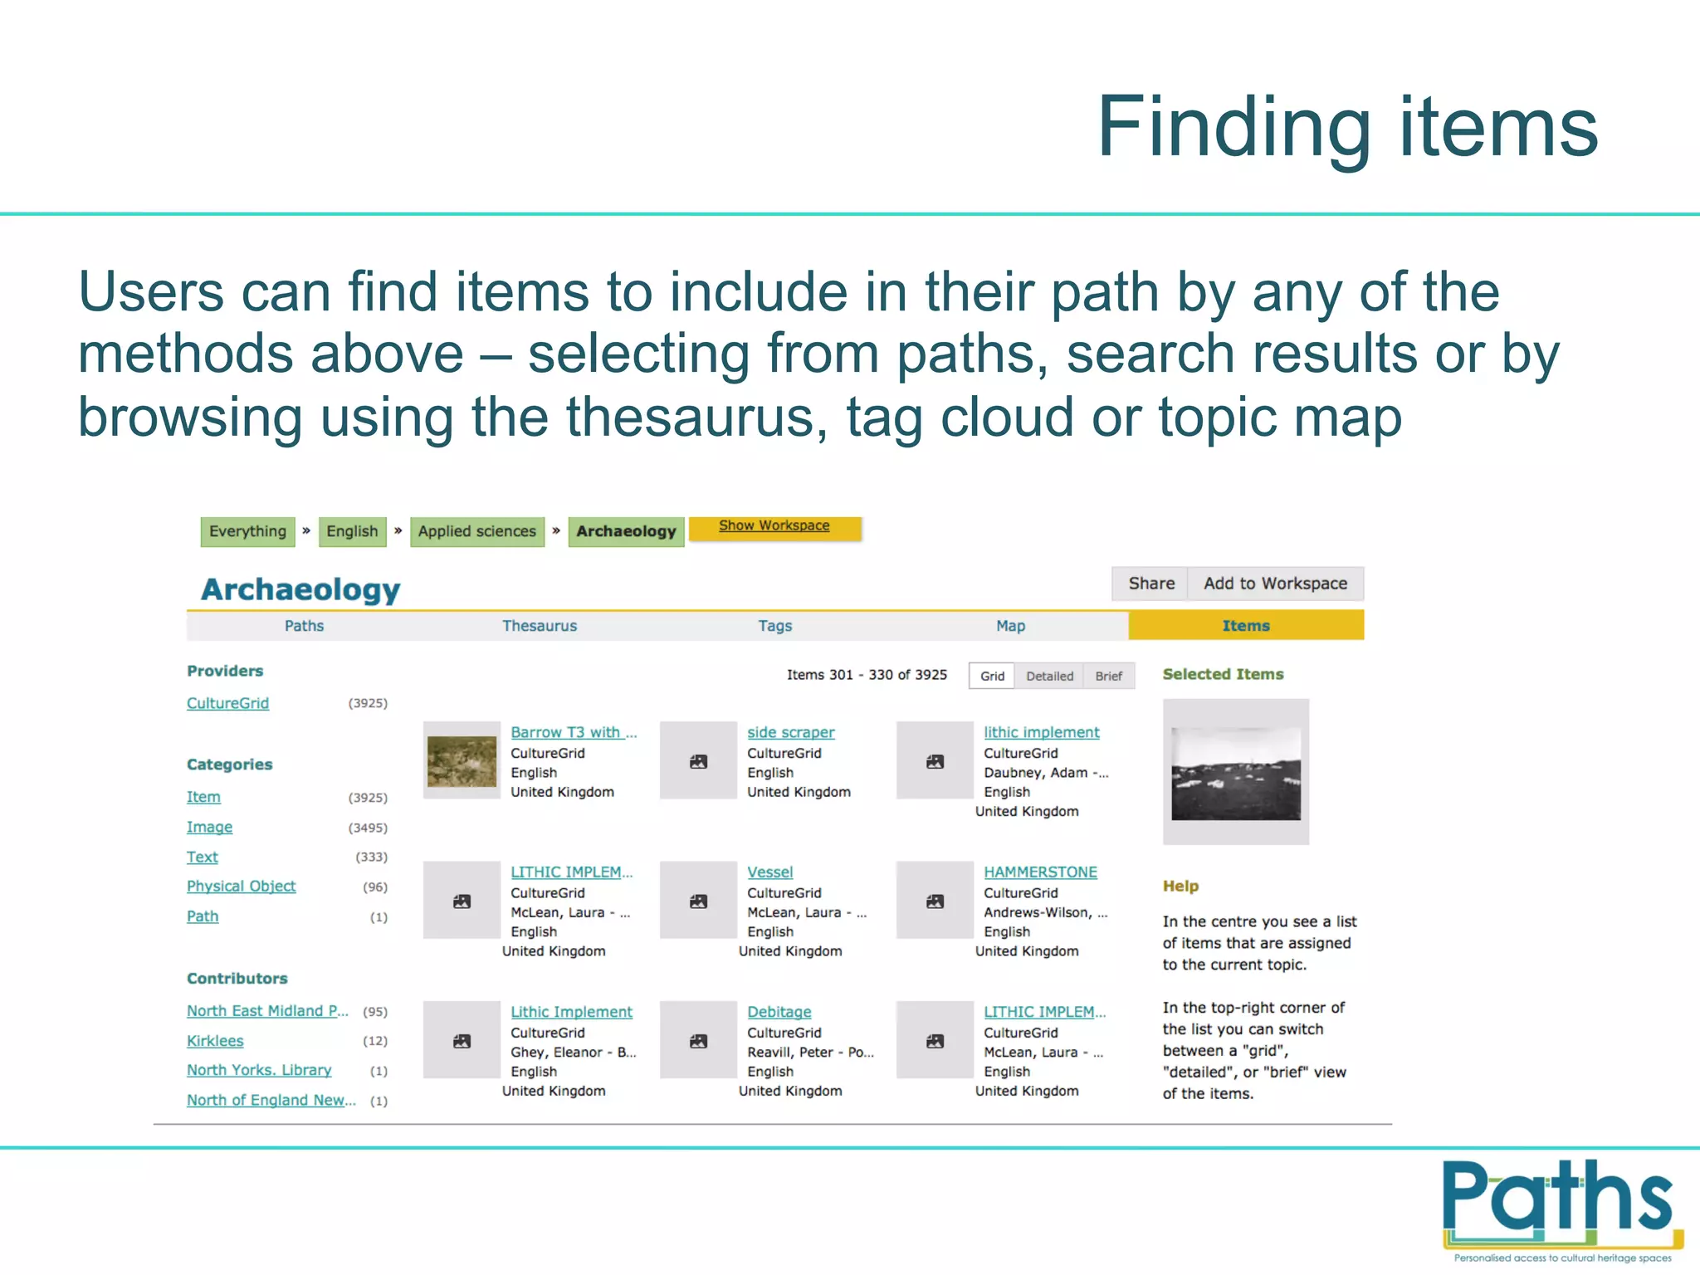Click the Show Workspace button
(774, 526)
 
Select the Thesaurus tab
(539, 626)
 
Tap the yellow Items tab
(1245, 626)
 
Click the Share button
(1150, 584)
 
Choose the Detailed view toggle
(1049, 676)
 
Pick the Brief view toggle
(1108, 676)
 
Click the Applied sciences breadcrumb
(476, 531)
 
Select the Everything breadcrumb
(247, 531)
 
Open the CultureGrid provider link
(227, 703)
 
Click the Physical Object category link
(241, 887)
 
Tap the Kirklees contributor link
(215, 1041)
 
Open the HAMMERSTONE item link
(1040, 872)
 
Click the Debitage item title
(779, 1012)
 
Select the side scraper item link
(790, 732)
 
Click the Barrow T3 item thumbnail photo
(462, 761)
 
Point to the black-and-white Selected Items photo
(1235, 773)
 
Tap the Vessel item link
(769, 872)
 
